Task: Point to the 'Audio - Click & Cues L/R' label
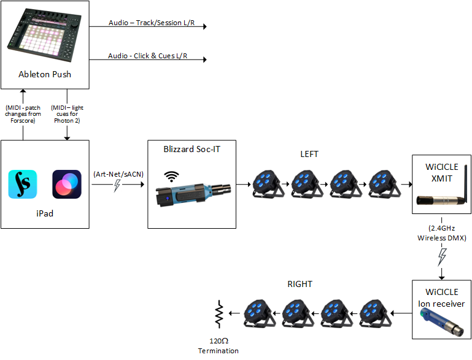[x=148, y=56]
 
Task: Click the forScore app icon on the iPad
[x=23, y=184]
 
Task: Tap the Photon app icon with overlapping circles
[x=67, y=184]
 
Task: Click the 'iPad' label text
[x=44, y=216]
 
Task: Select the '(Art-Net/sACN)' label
[x=118, y=174]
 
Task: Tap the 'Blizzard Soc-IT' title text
[x=192, y=149]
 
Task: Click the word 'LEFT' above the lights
[x=309, y=154]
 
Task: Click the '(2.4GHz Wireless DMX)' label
[x=441, y=232]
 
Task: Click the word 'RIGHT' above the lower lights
[x=300, y=284]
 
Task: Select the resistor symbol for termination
[x=218, y=314]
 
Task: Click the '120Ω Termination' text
[x=218, y=345]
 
